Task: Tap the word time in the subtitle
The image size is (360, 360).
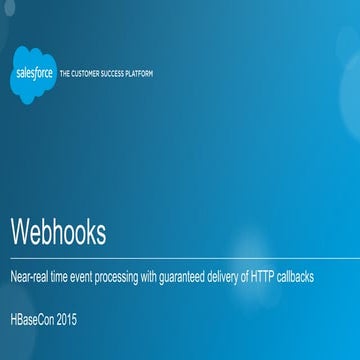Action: coord(68,277)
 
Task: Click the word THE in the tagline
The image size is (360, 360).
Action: coord(65,73)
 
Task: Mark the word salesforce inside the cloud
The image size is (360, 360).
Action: coord(34,72)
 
